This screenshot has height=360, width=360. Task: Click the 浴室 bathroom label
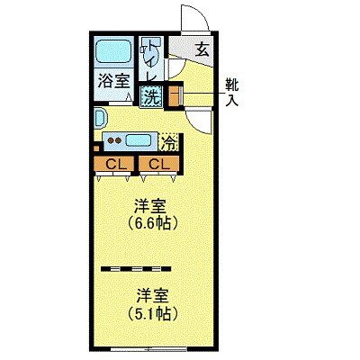pos(113,80)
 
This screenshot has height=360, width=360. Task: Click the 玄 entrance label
pos(202,49)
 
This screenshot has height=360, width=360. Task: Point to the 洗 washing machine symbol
pos(152,95)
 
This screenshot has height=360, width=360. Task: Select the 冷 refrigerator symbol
pos(167,141)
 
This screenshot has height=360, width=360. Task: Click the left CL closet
pos(114,164)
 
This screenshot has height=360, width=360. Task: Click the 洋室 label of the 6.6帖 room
pos(150,204)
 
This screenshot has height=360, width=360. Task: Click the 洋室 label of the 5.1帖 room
pos(150,294)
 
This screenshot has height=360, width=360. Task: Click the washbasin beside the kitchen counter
pos(100,118)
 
